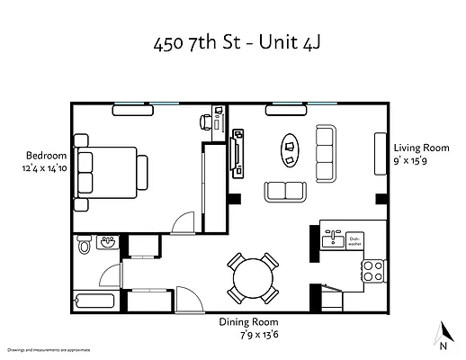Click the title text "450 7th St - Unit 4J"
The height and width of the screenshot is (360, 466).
pos(232,45)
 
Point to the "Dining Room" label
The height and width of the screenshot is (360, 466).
pos(249,321)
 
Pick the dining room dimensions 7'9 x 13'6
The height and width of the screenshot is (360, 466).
pos(249,334)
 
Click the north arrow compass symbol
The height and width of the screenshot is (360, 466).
pos(442,334)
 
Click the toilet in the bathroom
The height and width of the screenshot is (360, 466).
pos(85,244)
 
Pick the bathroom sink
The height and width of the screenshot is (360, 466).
pos(107,242)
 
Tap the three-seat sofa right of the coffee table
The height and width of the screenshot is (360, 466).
pos(325,148)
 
